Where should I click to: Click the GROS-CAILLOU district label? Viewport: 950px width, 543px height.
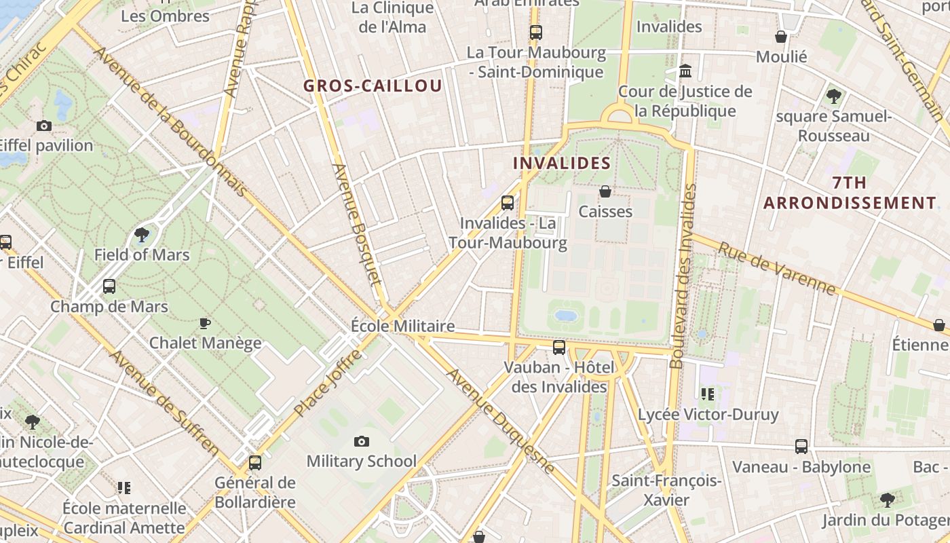pyautogui.click(x=373, y=86)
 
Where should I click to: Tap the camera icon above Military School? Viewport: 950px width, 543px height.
pyautogui.click(x=362, y=442)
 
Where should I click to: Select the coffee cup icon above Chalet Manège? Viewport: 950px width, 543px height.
pyautogui.click(x=205, y=323)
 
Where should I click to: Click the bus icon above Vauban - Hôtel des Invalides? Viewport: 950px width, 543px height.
pyautogui.click(x=559, y=348)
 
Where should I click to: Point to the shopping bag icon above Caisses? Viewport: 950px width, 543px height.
pyautogui.click(x=605, y=192)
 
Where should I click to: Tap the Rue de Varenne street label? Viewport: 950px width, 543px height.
pyautogui.click(x=777, y=269)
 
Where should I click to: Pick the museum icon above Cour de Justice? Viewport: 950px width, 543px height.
pyautogui.click(x=685, y=71)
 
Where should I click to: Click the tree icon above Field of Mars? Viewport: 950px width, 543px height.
pyautogui.click(x=142, y=235)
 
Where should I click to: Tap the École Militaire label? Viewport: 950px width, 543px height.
pyautogui.click(x=402, y=326)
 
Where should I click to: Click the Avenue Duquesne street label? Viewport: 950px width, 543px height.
pyautogui.click(x=501, y=420)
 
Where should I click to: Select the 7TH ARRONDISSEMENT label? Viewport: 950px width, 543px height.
pyautogui.click(x=850, y=193)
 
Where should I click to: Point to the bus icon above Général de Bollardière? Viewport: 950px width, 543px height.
pyautogui.click(x=255, y=463)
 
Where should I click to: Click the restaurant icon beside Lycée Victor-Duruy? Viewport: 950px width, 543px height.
pyautogui.click(x=708, y=394)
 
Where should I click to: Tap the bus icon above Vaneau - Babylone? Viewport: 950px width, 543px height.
pyautogui.click(x=801, y=447)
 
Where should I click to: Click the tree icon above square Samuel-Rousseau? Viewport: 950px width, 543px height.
pyautogui.click(x=834, y=96)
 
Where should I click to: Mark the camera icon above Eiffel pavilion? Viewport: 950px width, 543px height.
pyautogui.click(x=44, y=126)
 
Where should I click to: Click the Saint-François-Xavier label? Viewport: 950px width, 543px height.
pyautogui.click(x=666, y=491)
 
